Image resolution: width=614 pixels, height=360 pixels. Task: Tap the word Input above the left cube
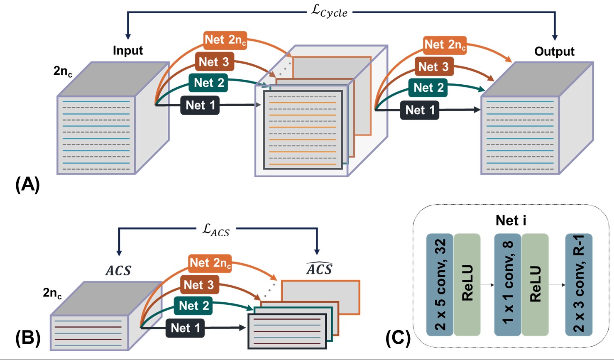(x=128, y=51)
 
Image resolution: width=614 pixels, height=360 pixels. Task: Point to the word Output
(x=554, y=51)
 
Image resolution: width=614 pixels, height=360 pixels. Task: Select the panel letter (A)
(x=27, y=184)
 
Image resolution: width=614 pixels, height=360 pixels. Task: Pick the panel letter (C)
(x=398, y=338)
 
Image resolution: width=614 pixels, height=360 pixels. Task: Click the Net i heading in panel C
(x=511, y=220)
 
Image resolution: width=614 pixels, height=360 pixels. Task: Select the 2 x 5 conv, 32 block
(x=440, y=284)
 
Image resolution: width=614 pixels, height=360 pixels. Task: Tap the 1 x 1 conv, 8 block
(x=508, y=284)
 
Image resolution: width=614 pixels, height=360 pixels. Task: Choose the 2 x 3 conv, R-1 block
(x=579, y=284)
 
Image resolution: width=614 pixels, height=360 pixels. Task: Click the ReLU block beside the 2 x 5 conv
(x=467, y=284)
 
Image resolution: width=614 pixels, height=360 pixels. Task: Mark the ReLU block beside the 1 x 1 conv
(x=535, y=284)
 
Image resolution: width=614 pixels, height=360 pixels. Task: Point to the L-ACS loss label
(x=216, y=230)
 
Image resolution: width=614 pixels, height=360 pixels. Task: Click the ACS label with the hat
(x=319, y=269)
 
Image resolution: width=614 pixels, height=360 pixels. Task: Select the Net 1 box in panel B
(x=185, y=328)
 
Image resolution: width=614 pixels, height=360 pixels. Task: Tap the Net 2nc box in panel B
(x=210, y=263)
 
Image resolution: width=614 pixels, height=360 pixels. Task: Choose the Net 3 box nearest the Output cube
(x=433, y=66)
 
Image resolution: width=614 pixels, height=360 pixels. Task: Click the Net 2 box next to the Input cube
(x=209, y=83)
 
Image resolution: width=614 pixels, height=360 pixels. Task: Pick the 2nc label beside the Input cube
(x=63, y=71)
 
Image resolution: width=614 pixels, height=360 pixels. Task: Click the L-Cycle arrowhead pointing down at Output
(x=555, y=37)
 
